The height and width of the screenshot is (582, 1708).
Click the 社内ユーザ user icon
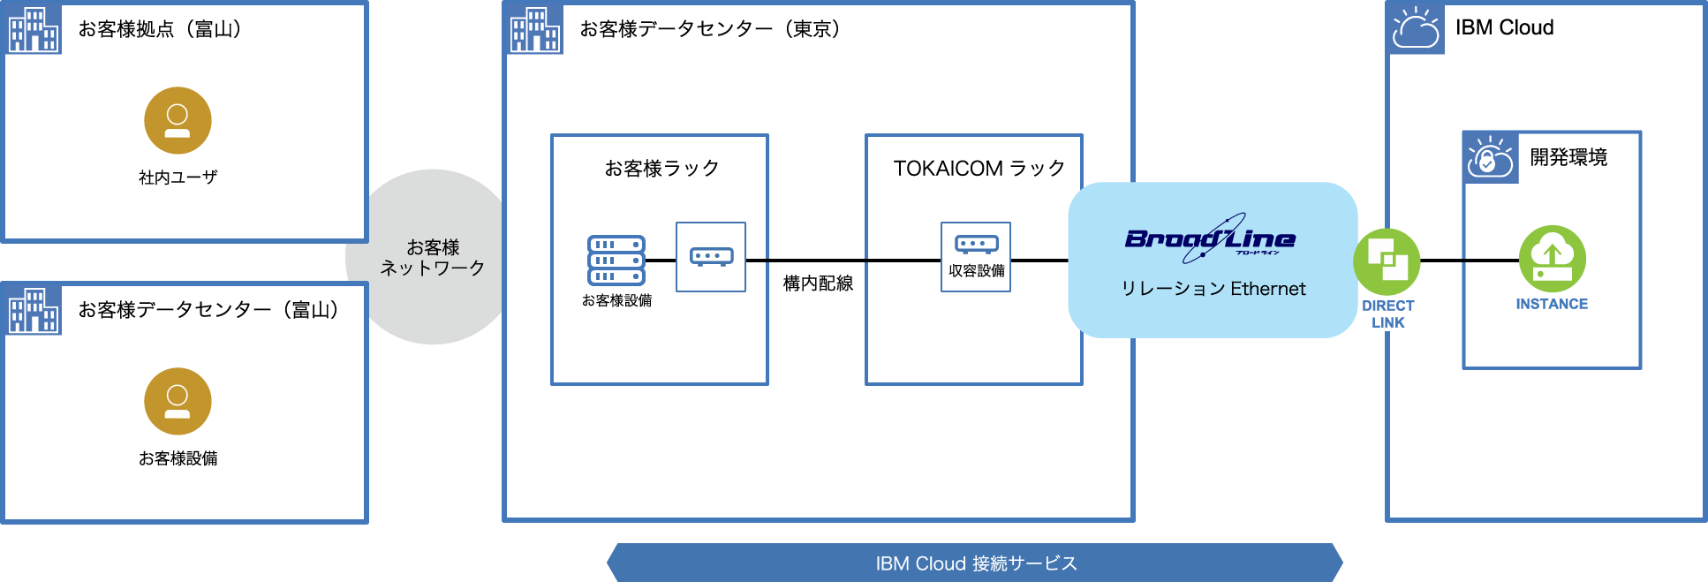click(x=178, y=120)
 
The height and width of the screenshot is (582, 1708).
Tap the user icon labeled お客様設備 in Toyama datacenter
click(x=178, y=401)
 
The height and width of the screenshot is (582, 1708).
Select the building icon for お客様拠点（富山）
click(x=34, y=29)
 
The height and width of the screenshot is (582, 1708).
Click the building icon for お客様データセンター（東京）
click(x=535, y=29)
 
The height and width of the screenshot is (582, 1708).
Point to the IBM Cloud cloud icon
click(x=1416, y=28)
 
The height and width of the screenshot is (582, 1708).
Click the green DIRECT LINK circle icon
click(x=1387, y=261)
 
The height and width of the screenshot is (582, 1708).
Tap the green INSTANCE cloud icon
click(x=1552, y=259)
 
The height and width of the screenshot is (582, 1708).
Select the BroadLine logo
click(x=1210, y=238)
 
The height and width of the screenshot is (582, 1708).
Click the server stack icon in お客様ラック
click(x=616, y=260)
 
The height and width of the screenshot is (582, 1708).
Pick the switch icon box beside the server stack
click(x=711, y=257)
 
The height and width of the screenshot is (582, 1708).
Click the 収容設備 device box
click(x=976, y=257)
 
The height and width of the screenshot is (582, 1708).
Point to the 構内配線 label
click(x=818, y=283)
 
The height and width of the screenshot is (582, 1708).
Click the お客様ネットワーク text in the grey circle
click(x=433, y=257)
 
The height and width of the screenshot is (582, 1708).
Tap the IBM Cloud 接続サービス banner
click(x=975, y=563)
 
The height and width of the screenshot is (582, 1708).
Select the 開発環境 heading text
click(x=1568, y=157)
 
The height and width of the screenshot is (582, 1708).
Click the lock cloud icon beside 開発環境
click(x=1490, y=157)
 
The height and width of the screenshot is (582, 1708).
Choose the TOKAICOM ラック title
click(x=979, y=168)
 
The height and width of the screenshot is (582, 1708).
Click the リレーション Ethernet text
click(x=1213, y=289)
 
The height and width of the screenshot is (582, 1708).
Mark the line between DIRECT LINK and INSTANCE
click(x=1470, y=261)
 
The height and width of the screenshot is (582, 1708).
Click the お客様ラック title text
click(x=661, y=168)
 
